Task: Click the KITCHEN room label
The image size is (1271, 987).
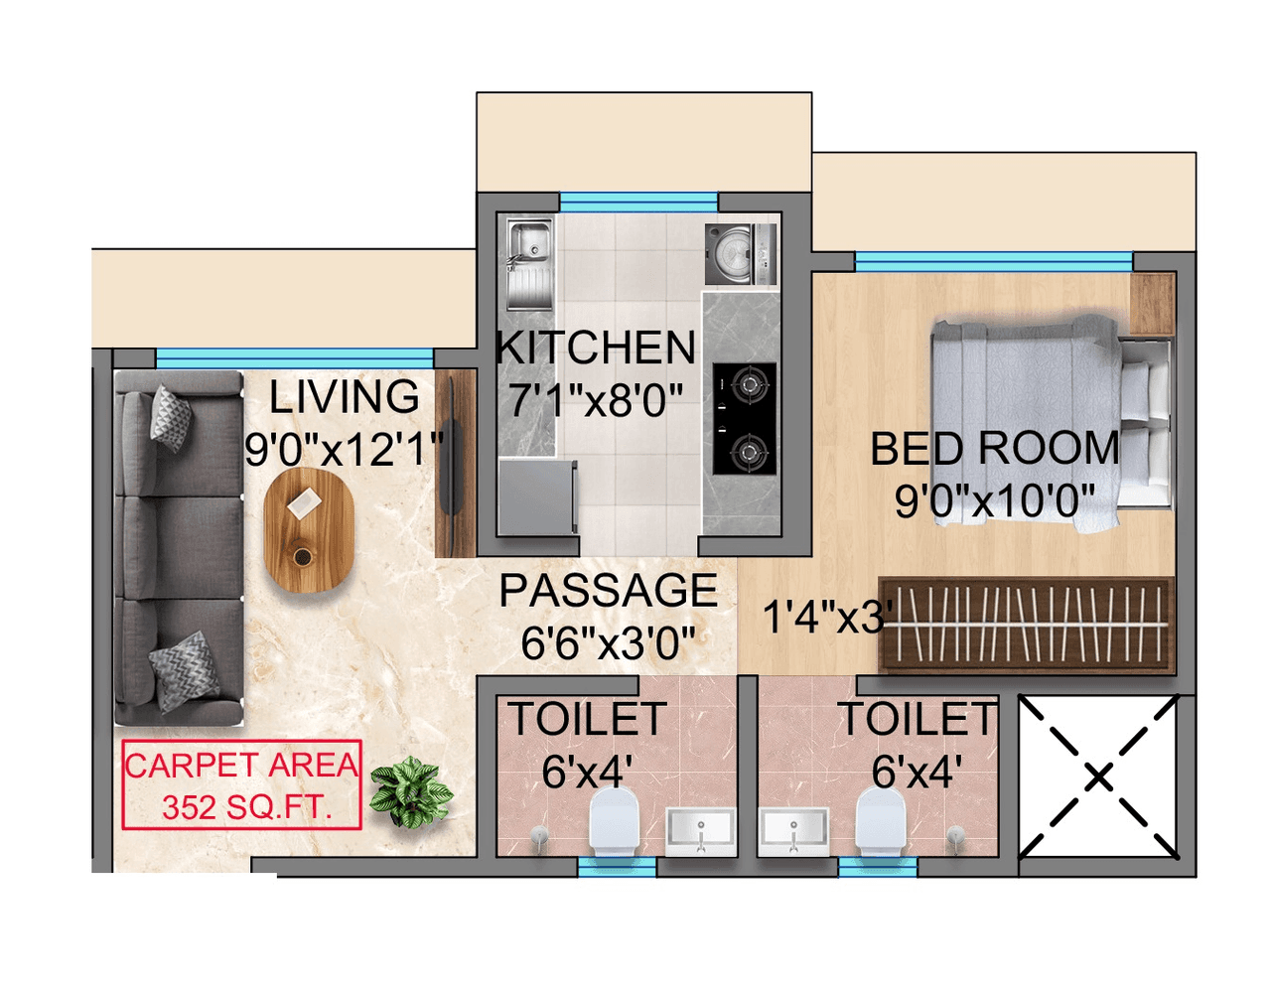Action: click(x=596, y=349)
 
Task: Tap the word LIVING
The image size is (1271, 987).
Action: click(x=345, y=397)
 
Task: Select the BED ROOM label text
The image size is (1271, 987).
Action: click(x=995, y=449)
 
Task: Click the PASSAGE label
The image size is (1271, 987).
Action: click(x=608, y=591)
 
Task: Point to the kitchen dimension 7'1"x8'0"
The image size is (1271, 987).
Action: click(x=596, y=401)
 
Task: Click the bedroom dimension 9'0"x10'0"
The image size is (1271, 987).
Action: click(x=995, y=500)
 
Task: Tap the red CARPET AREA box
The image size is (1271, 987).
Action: click(x=241, y=784)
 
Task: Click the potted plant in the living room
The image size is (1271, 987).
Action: click(x=410, y=790)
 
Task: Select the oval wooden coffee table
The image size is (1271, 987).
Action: click(x=309, y=530)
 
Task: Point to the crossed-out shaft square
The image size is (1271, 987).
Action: click(x=1097, y=776)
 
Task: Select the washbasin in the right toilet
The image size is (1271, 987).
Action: click(x=793, y=830)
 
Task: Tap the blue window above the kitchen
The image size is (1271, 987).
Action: click(x=638, y=202)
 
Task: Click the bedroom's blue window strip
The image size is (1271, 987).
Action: click(x=993, y=261)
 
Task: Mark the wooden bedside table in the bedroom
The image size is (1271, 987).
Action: click(x=1152, y=304)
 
